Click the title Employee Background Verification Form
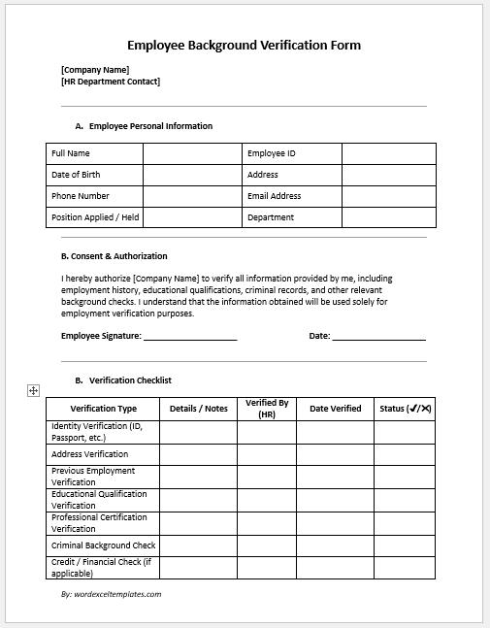pos(244,46)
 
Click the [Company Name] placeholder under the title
pos(94,69)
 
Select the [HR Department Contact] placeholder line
pos(110,82)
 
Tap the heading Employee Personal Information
pos(150,126)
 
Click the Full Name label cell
pos(94,153)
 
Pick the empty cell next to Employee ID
pos(388,153)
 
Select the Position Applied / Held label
pos(94,217)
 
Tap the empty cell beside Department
pos(388,217)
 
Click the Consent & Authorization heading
pos(114,256)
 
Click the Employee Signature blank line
pos(190,336)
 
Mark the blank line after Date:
pos(379,336)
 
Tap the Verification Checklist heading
pos(130,380)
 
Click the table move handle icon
pos(33,390)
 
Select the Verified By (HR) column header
pos(267,409)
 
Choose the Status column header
pos(405,409)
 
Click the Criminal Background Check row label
pos(103,545)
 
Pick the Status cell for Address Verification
pos(405,454)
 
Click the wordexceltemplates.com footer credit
pos(111,594)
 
